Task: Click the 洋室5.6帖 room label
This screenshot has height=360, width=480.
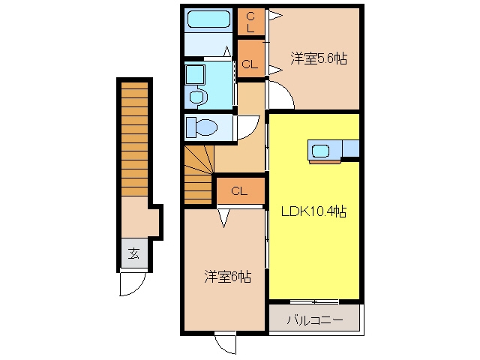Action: tap(319, 58)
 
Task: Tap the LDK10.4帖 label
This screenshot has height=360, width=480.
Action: tap(313, 211)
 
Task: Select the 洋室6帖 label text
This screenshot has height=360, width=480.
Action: tap(228, 277)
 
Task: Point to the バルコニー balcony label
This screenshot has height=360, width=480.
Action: tap(315, 320)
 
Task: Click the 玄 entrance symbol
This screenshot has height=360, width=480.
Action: tap(133, 253)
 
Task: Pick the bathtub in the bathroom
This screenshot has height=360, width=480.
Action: tap(208, 19)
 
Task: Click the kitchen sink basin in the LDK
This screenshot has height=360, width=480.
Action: tap(320, 151)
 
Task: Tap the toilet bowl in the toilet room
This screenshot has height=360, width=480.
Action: tap(202, 127)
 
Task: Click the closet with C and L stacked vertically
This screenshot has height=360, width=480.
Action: tap(251, 22)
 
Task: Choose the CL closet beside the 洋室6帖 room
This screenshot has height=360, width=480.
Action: tap(241, 191)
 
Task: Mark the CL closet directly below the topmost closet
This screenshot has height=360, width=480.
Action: tap(251, 58)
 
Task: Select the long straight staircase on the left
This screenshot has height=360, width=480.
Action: tap(135, 139)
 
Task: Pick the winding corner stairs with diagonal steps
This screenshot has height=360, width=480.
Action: tap(199, 175)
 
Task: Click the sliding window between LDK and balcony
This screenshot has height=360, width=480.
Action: tap(314, 301)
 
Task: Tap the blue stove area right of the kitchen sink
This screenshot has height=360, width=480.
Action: tap(351, 148)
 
